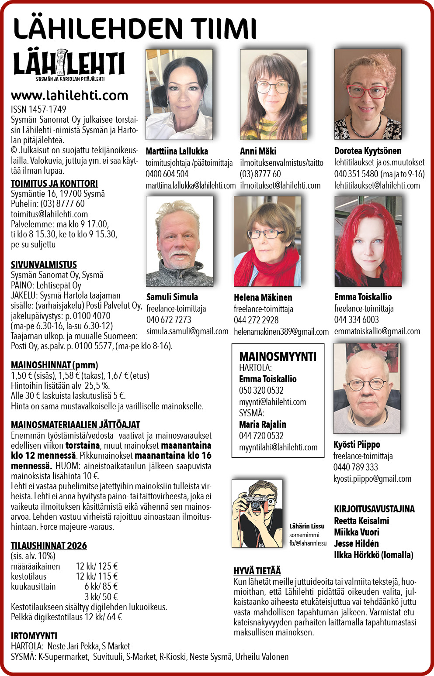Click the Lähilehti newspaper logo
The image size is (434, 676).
[69, 65]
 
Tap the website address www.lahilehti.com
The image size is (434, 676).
[69, 95]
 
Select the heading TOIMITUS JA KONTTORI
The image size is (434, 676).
[54, 183]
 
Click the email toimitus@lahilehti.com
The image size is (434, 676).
[49, 214]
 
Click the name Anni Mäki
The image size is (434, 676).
[258, 151]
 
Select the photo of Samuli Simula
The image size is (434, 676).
[180, 241]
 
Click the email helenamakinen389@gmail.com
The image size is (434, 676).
[281, 332]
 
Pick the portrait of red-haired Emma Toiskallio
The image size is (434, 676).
[368, 241]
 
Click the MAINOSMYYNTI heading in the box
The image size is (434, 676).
[278, 357]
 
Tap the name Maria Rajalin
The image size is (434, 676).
[263, 424]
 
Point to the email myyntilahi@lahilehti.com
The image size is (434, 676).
[278, 447]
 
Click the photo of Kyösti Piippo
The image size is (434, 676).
[367, 388]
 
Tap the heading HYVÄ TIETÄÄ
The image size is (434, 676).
[257, 571]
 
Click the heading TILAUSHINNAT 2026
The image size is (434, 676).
[49, 546]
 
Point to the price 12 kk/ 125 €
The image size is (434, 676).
[97, 566]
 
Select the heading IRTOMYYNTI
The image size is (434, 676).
[34, 636]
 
